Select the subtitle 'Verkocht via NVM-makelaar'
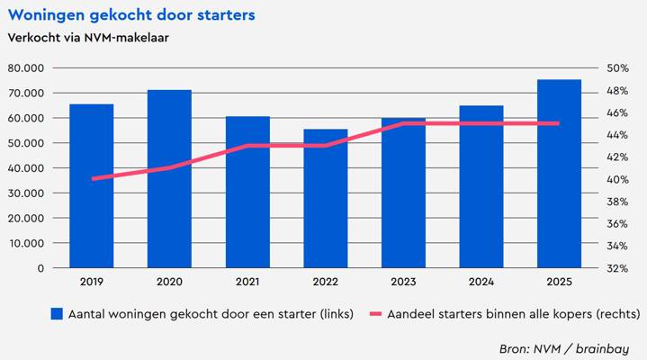click(x=88, y=38)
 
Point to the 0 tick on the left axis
click(x=40, y=268)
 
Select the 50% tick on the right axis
click(x=617, y=68)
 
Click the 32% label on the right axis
click(x=617, y=268)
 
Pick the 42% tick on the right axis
click(x=617, y=157)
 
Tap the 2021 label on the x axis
click(x=247, y=282)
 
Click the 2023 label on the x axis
click(x=403, y=282)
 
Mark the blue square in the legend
click(x=57, y=314)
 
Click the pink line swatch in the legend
click(x=372, y=314)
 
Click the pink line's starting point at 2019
click(x=92, y=178)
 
